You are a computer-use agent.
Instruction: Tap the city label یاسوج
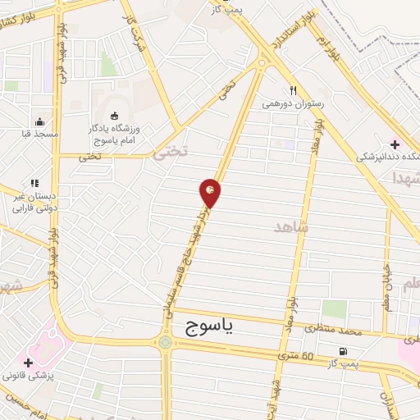205,327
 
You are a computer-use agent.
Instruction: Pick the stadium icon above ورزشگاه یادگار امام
114,115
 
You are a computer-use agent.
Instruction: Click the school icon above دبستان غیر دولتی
34,184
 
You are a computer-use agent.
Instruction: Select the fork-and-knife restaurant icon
293,91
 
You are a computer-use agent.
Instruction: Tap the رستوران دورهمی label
293,104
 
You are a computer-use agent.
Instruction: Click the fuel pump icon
342,353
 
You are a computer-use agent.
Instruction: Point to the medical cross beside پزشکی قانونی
29,362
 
